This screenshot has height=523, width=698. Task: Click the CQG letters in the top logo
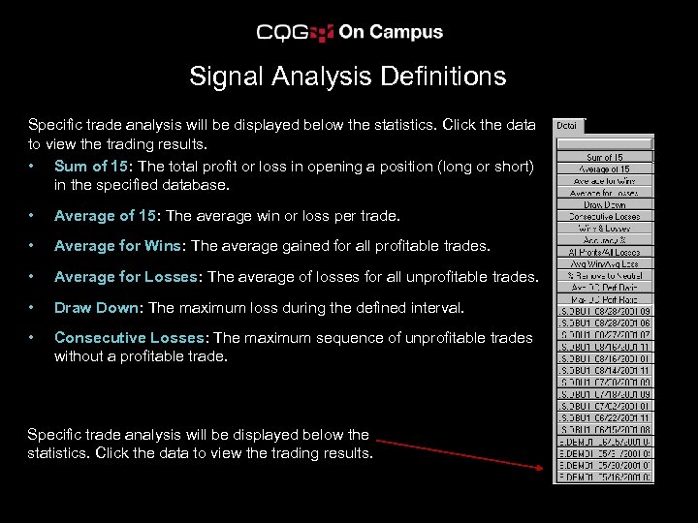282,33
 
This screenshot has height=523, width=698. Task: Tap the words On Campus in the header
391,32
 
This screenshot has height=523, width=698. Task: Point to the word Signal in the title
223,77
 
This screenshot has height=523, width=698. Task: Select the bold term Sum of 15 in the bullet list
93,167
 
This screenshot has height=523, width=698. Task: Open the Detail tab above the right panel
567,126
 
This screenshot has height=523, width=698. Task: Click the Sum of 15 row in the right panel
604,158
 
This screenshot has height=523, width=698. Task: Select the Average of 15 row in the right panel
604,169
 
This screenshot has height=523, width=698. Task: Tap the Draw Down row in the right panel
604,204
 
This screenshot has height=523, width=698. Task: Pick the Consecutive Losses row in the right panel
604,216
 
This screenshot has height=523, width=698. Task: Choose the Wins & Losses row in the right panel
604,228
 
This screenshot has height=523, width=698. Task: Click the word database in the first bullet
197,185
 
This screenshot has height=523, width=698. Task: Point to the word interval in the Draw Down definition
433,308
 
